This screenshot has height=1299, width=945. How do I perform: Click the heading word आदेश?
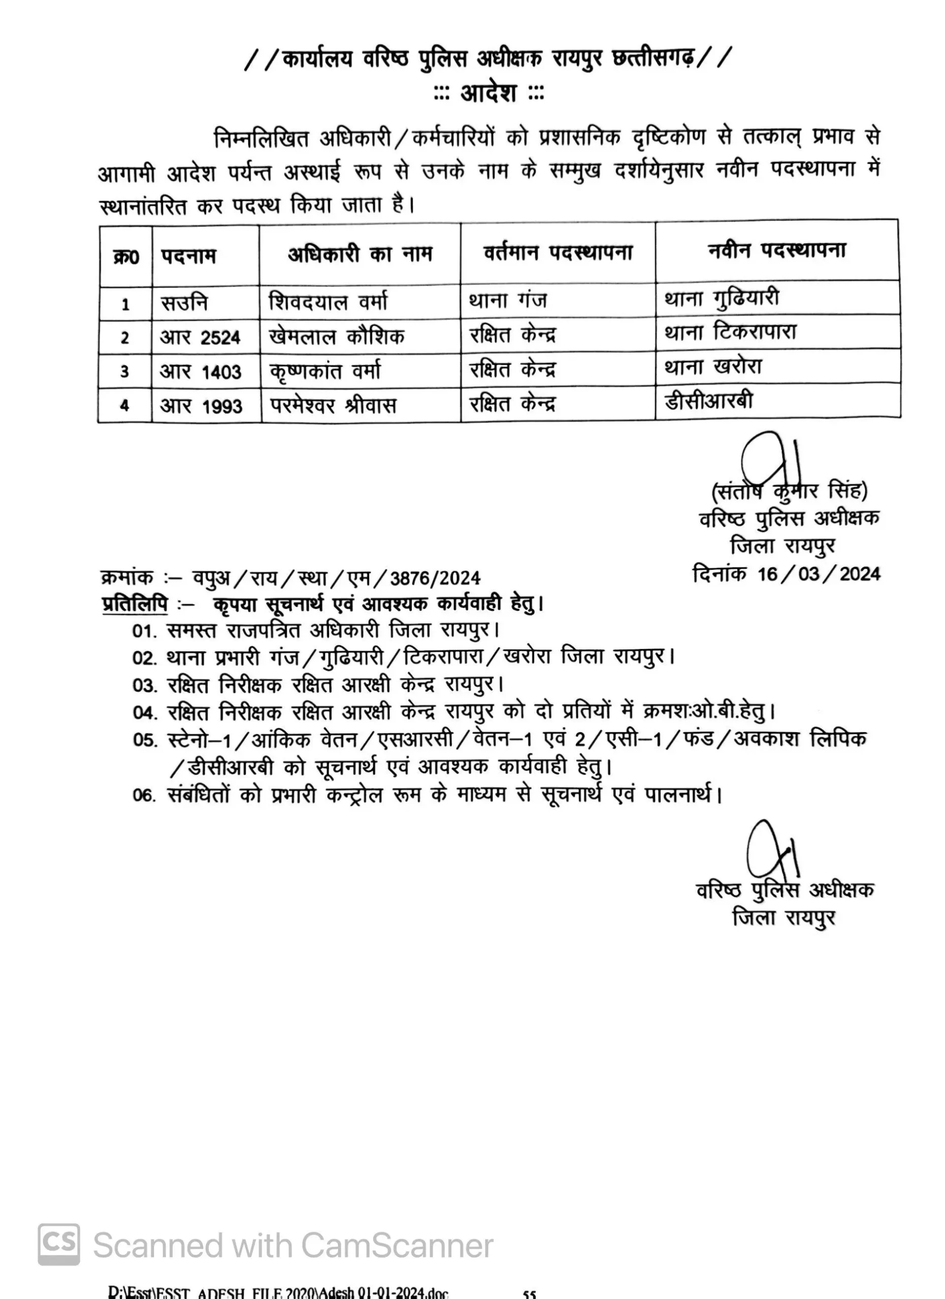point(488,93)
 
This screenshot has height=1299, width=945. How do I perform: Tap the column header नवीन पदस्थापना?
point(776,251)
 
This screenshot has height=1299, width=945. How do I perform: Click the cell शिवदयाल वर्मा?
point(329,302)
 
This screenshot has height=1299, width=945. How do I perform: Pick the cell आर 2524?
point(200,337)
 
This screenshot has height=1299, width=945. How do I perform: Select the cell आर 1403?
point(201,372)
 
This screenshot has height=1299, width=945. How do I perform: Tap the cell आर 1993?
point(201,406)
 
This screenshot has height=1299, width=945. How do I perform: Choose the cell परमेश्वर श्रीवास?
point(334,405)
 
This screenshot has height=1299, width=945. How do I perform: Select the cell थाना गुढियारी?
point(722,298)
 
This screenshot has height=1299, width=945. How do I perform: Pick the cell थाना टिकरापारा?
point(731,333)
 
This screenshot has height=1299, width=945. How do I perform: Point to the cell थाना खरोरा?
point(713,366)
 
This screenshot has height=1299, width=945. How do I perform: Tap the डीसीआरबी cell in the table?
point(708,401)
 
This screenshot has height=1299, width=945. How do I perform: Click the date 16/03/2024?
point(819,574)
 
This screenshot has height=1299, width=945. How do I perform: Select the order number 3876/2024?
point(435,578)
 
